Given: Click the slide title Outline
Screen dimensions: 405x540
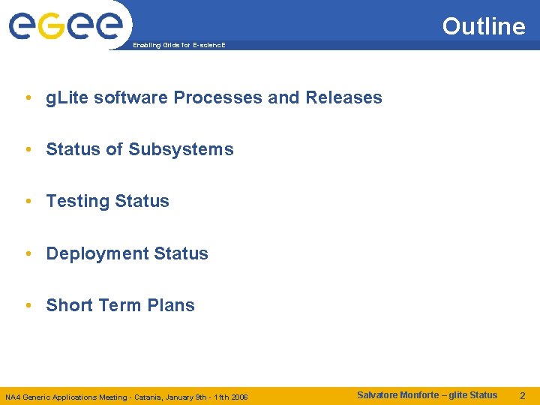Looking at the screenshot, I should pos(484,26).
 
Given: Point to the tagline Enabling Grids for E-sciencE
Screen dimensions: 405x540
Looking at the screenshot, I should pos(178,46).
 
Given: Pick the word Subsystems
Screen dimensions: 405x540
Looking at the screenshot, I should pos(181,149).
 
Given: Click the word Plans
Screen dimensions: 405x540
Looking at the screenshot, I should pos(171,305).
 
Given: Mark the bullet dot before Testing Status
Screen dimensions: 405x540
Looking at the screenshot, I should pos(28,201).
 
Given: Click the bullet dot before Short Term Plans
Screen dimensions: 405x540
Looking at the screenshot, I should pos(28,305).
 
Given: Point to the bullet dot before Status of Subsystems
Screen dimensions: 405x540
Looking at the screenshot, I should pos(28,149).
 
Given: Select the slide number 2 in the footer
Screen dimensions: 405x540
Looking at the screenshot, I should pos(523,395).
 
